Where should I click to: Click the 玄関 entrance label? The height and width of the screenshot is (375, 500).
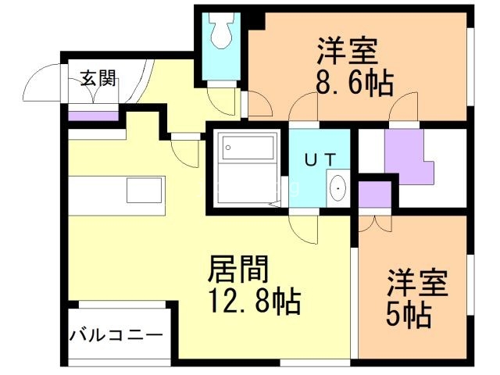pos(98,78)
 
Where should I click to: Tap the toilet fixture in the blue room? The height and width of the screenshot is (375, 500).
pos(220,36)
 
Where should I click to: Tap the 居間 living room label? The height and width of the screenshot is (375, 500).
pos(238,271)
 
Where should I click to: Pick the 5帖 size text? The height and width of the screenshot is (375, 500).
pos(408,314)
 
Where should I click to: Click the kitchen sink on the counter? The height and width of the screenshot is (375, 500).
pos(145,190)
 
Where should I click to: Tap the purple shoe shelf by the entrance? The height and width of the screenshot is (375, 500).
pos(92,116)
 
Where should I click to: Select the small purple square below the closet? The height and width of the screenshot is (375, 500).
pos(373,195)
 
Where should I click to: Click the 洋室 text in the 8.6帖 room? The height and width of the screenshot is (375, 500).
pos(348,51)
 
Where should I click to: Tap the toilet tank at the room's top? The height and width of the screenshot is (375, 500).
pos(220,20)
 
